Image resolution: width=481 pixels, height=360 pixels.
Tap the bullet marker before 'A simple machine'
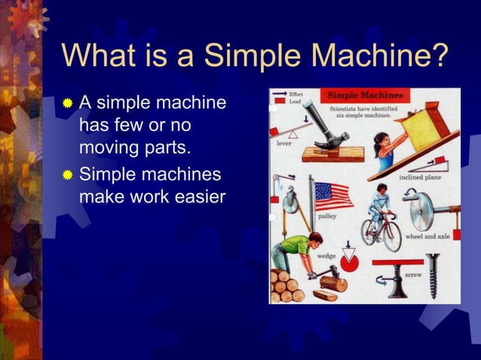pos(68,102)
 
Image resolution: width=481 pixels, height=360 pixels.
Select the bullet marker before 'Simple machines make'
pos(68,175)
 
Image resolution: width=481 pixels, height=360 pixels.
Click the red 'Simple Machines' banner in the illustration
pos(365,96)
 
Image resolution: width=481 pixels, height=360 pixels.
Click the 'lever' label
pos(284,142)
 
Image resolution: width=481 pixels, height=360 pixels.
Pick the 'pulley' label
pos(326,216)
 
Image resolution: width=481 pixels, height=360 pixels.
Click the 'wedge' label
pos(326,256)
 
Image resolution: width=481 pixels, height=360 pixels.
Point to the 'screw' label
pos(413,275)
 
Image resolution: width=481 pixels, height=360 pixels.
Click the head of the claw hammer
pos(332,136)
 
